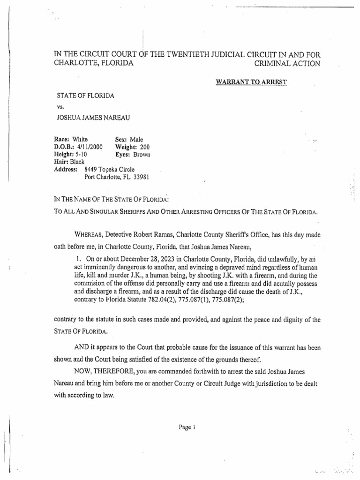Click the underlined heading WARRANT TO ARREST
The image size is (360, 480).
(x=251, y=82)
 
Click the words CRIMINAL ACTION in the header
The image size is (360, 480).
(x=287, y=63)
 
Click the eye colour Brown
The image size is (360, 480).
(x=142, y=154)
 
